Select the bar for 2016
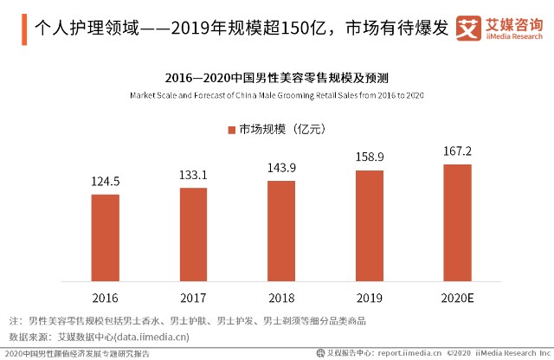(106, 238)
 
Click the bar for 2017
(193, 235)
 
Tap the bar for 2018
(281, 231)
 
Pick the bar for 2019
(370, 226)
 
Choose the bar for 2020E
(458, 223)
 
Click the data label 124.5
(106, 182)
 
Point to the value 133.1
(193, 175)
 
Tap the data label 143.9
(281, 168)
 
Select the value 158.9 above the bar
(370, 157)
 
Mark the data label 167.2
(458, 151)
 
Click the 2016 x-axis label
(106, 299)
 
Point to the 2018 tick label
(281, 299)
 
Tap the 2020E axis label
(458, 299)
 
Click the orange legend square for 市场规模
(232, 130)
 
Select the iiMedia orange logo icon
(468, 28)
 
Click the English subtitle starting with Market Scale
(277, 95)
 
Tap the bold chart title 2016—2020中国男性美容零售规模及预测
(277, 78)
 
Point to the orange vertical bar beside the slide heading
(24, 29)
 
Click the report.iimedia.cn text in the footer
(409, 353)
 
